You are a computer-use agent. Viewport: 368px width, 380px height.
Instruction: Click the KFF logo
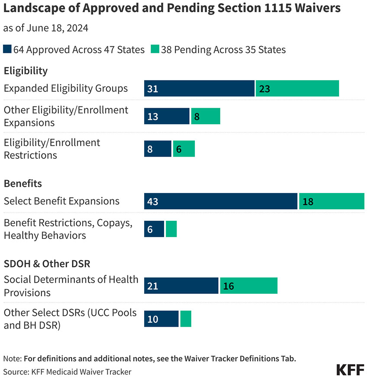(x=350, y=370)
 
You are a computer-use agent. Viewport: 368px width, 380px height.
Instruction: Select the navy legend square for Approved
(x=7, y=49)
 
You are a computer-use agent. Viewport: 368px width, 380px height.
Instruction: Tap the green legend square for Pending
(x=155, y=49)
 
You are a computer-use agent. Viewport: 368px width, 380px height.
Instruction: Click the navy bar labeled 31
(x=199, y=88)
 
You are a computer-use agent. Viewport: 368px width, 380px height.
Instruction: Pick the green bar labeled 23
(x=297, y=88)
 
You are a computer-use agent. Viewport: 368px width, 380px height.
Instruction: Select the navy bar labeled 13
(x=167, y=116)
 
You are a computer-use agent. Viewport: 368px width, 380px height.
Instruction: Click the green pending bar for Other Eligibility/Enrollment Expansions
(x=206, y=116)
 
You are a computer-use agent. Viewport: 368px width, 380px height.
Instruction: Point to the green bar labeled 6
(x=184, y=149)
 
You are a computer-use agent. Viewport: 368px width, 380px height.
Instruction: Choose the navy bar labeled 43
(x=221, y=201)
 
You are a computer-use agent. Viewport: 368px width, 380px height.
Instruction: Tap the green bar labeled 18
(x=332, y=201)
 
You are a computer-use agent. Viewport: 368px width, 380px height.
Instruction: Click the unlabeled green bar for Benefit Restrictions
(x=171, y=229)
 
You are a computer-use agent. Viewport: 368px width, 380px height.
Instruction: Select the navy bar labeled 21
(x=181, y=286)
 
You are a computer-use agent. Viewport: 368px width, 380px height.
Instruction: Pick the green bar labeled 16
(x=249, y=286)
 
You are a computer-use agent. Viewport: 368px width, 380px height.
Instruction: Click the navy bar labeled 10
(x=161, y=319)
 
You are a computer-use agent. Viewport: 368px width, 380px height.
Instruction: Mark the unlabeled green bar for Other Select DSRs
(x=186, y=319)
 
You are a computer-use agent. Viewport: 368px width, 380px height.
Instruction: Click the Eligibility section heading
(x=26, y=71)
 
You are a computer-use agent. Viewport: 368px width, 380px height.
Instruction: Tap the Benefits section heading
(x=23, y=184)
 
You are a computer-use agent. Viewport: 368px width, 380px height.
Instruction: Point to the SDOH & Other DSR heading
(x=47, y=264)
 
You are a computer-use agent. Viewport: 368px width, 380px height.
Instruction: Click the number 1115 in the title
(x=278, y=8)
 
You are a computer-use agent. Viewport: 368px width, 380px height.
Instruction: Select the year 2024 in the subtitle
(x=77, y=28)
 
